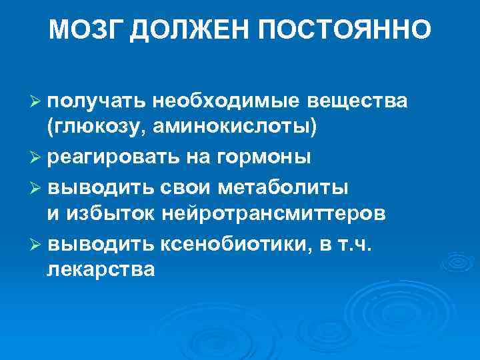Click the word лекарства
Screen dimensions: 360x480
click(x=101, y=270)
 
